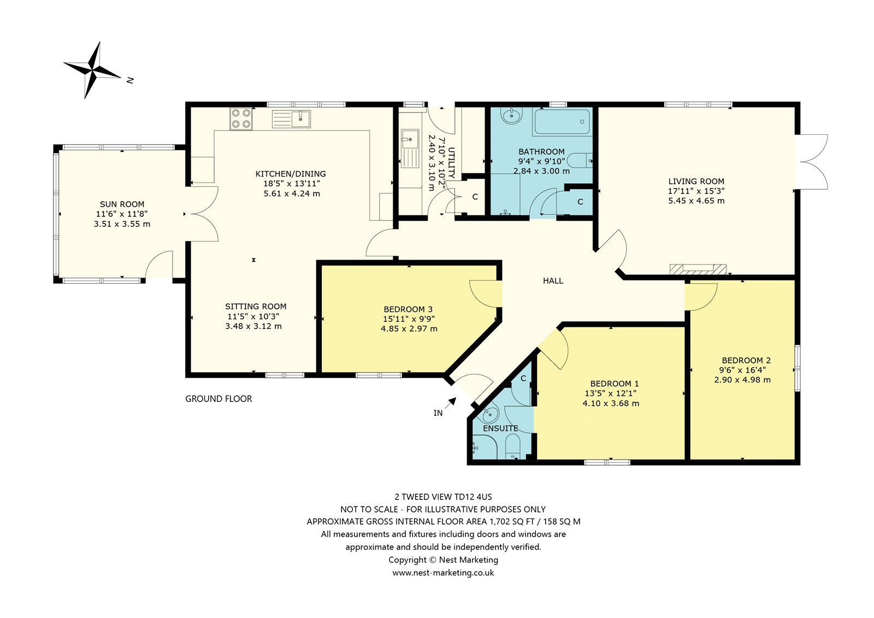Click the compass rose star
tap(92, 70)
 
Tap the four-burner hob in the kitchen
tap(241, 119)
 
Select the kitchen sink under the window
tap(292, 119)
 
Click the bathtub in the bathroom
tap(563, 122)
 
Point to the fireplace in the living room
tap(698, 269)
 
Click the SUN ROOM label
tap(122, 204)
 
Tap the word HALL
tap(553, 281)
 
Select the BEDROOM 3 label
tap(408, 309)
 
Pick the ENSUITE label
tap(500, 428)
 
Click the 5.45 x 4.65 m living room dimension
tap(696, 201)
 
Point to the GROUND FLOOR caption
tap(218, 398)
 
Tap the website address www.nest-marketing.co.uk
tap(443, 573)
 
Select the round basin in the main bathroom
tap(511, 115)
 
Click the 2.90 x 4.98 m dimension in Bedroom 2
tap(742, 380)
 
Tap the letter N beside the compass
tap(131, 80)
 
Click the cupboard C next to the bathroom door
tap(580, 202)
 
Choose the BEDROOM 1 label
tap(615, 384)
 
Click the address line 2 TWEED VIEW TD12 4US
tap(443, 497)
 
